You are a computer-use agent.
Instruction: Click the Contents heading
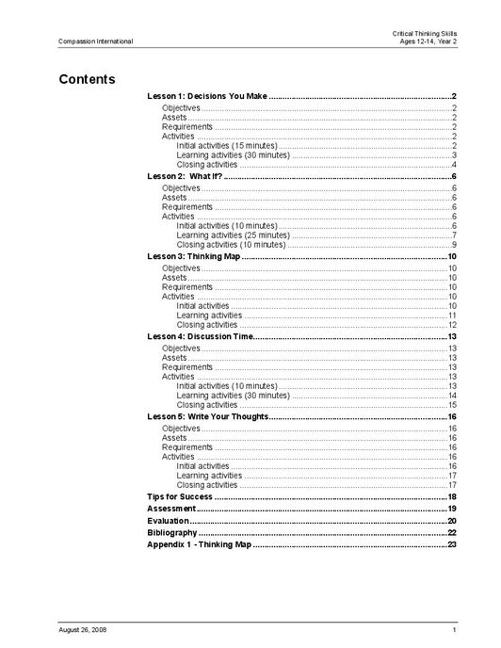pyautogui.click(x=87, y=79)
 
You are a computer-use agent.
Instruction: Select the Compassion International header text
pyautogui.click(x=95, y=41)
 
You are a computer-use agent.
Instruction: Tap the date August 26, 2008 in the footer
pyautogui.click(x=82, y=629)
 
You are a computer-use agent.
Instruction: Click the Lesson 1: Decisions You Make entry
pyautogui.click(x=208, y=97)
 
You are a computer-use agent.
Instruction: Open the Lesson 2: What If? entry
pyautogui.click(x=186, y=176)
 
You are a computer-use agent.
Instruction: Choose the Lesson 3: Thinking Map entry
pyautogui.click(x=194, y=256)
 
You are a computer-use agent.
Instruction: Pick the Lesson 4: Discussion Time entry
pyautogui.click(x=201, y=336)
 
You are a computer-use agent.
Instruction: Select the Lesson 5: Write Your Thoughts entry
pyautogui.click(x=208, y=416)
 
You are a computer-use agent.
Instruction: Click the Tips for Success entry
pyautogui.click(x=179, y=496)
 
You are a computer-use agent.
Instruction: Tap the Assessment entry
pyautogui.click(x=171, y=509)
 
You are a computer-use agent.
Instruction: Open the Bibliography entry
pyautogui.click(x=172, y=532)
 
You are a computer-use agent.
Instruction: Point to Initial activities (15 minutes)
pyautogui.click(x=227, y=145)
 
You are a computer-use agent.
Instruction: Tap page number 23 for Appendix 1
pyautogui.click(x=452, y=544)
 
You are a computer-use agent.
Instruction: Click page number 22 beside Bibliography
pyautogui.click(x=452, y=532)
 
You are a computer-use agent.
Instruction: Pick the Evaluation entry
pyautogui.click(x=169, y=521)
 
